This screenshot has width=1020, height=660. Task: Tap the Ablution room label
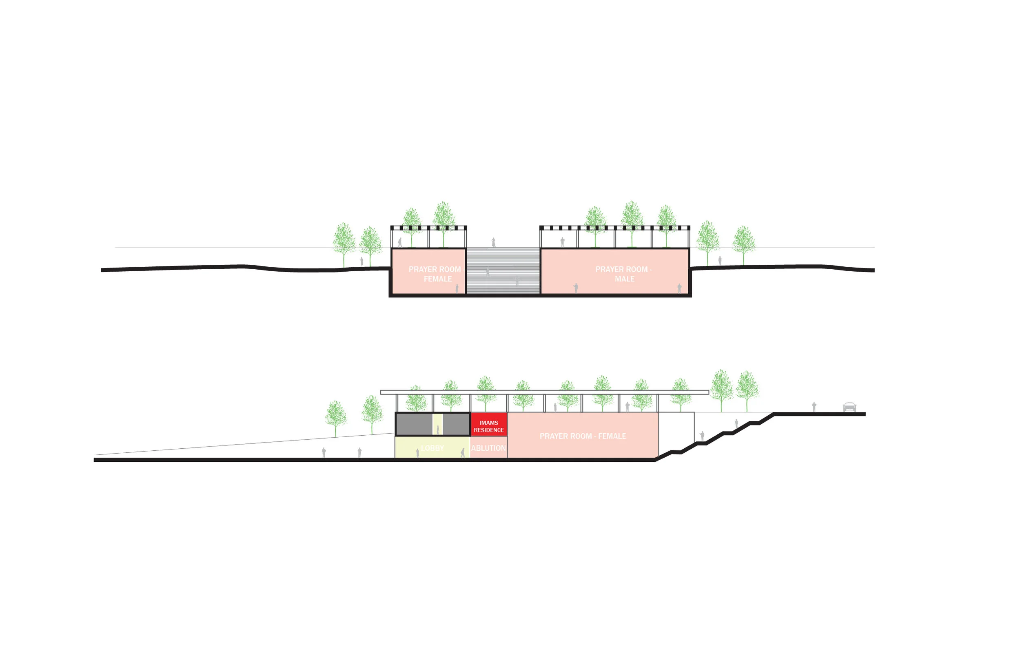click(x=488, y=448)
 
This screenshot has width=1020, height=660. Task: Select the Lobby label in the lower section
click(x=432, y=448)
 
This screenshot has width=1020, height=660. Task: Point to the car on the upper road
click(x=849, y=407)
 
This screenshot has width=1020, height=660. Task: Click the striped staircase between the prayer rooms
click(x=503, y=270)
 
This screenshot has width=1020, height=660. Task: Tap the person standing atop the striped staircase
click(x=493, y=243)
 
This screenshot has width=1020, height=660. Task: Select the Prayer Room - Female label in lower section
click(x=583, y=436)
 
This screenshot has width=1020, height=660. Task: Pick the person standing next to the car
click(x=814, y=407)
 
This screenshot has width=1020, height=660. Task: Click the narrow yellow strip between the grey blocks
click(x=437, y=424)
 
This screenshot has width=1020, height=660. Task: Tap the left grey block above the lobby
click(x=414, y=424)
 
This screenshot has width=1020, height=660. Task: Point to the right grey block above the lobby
click(x=456, y=424)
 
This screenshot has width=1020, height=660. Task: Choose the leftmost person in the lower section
click(x=324, y=452)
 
